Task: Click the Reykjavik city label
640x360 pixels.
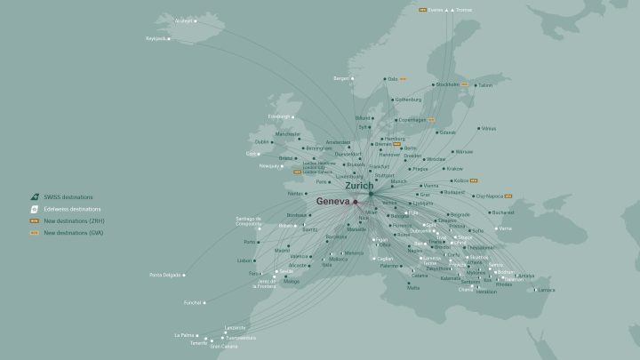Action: tap(156, 39)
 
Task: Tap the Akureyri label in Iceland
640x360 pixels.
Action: tap(183, 20)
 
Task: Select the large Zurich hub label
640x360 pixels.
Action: tap(359, 186)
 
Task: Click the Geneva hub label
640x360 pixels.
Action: tap(333, 202)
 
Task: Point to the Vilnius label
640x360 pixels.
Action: tap(489, 128)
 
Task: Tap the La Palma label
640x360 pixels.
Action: tap(183, 335)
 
